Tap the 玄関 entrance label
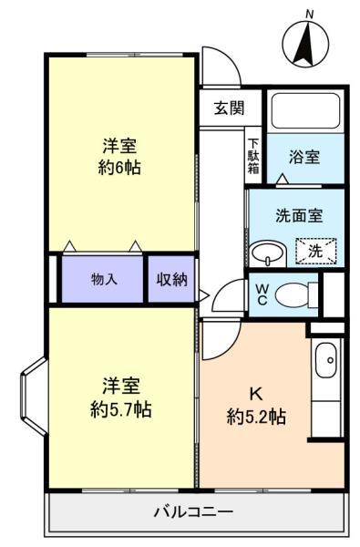click(229, 108)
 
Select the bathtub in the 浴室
click(305, 110)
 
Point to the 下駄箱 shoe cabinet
click(253, 156)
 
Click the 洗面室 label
click(299, 215)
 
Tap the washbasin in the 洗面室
click(268, 253)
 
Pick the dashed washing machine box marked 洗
click(316, 251)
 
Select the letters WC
click(262, 294)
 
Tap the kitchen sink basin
click(326, 360)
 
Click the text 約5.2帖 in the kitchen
click(257, 417)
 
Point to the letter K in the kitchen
click(256, 394)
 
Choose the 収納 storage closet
click(171, 279)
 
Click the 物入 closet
click(103, 279)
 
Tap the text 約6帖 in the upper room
click(119, 168)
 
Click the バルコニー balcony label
click(193, 511)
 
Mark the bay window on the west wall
click(34, 396)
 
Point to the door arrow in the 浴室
click(283, 179)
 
